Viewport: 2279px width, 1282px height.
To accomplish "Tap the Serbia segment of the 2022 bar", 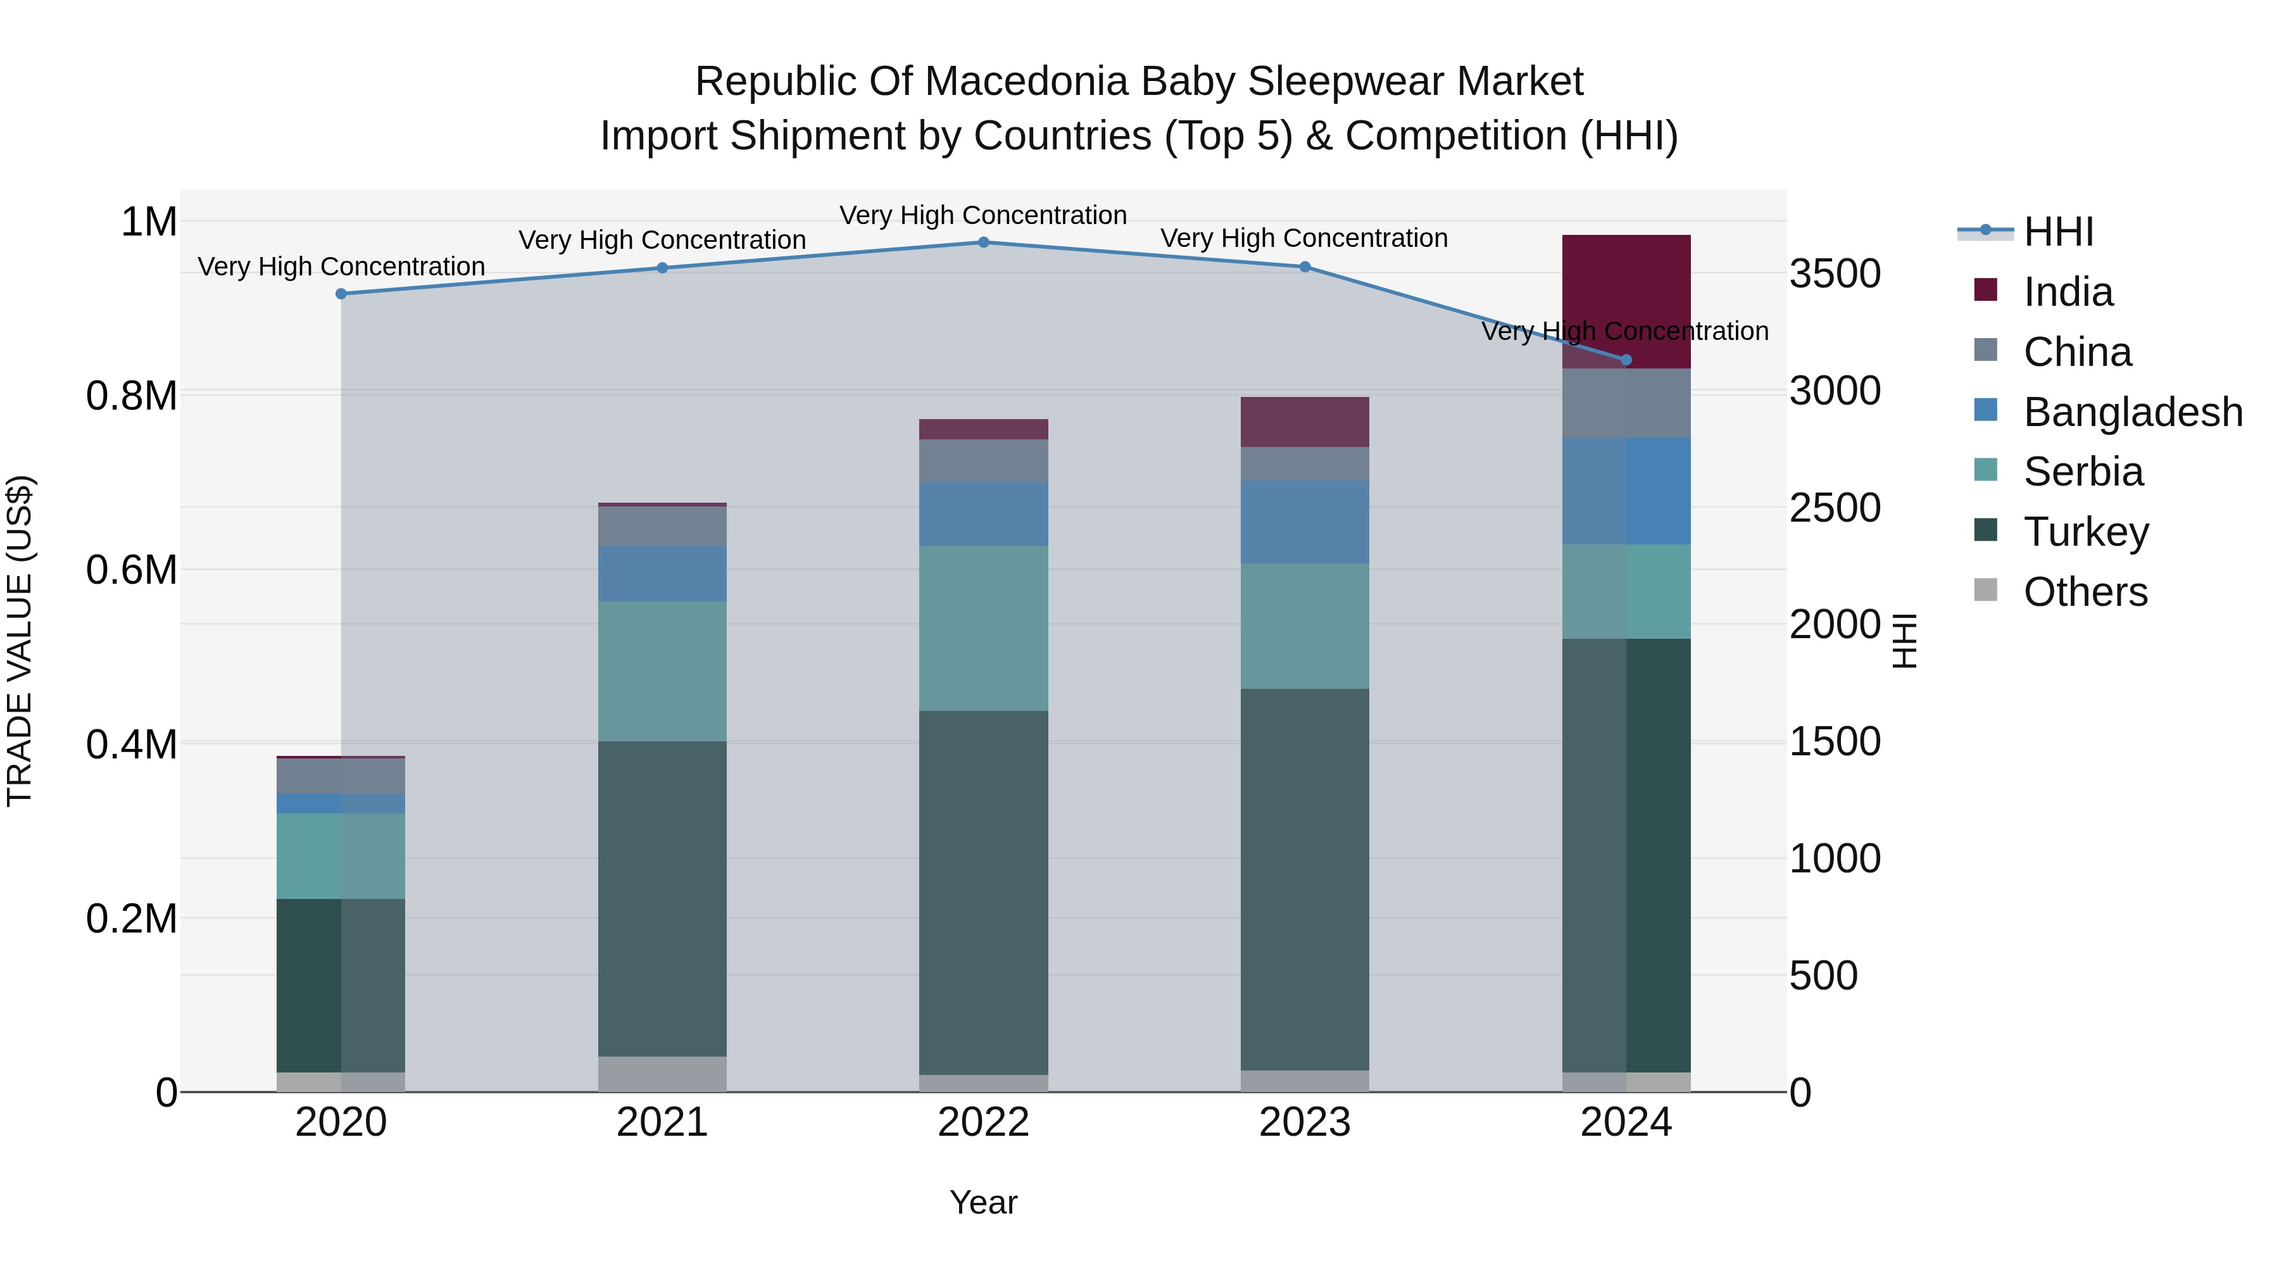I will (983, 627).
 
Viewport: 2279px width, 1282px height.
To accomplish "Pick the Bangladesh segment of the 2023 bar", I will (1304, 522).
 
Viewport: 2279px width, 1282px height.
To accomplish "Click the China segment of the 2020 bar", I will (341, 776).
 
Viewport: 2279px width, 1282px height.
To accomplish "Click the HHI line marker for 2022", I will (983, 242).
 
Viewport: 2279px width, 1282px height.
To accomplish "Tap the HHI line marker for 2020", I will (341, 294).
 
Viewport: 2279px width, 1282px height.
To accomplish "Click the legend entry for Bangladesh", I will (2132, 412).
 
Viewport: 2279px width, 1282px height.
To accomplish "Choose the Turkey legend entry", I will (2085, 532).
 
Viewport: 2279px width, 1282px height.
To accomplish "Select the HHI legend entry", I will (2058, 232).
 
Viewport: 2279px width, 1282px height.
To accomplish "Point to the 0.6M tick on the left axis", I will (131, 570).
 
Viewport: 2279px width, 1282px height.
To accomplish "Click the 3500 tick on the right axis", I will (1835, 273).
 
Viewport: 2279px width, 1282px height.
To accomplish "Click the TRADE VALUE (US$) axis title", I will (20, 641).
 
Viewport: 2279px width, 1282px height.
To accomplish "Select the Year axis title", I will (983, 1202).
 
